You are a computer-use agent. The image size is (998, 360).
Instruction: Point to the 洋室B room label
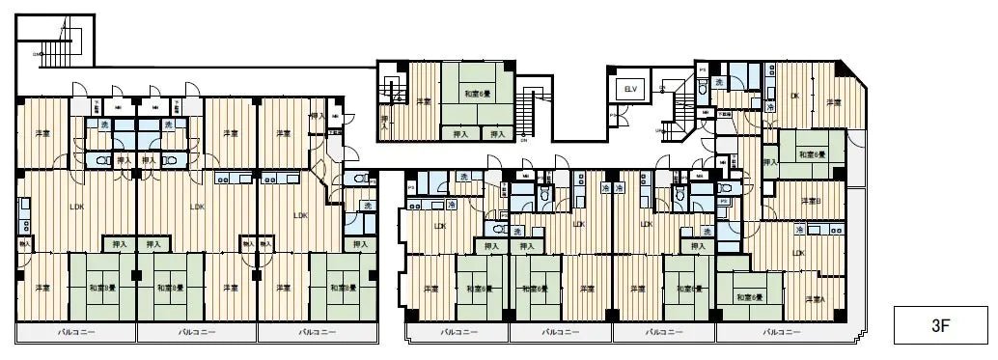coord(810,202)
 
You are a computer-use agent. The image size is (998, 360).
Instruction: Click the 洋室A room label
coord(816,301)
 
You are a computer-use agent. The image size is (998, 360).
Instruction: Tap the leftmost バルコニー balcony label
coord(76,332)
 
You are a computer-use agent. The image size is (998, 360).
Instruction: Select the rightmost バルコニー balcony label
coord(781,332)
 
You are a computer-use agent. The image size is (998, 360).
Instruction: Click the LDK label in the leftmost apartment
coord(76,206)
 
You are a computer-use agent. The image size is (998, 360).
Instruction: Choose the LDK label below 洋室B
coord(798,253)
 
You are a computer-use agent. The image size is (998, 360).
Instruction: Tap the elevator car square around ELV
coord(631,90)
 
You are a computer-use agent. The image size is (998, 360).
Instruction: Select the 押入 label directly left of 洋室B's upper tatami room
coord(769,162)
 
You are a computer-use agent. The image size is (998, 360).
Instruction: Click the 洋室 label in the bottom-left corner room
coord(42,289)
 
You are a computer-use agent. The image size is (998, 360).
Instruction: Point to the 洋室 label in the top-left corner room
coord(42,133)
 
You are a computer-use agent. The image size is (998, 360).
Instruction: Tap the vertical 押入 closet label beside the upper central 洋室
coord(384,122)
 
